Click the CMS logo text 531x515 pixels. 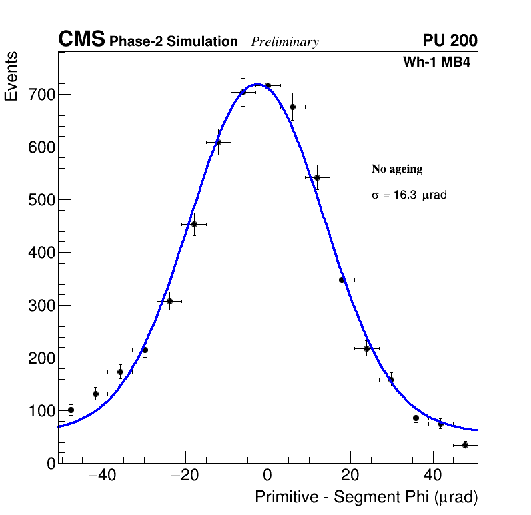pos(81,40)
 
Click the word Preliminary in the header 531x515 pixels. pos(285,42)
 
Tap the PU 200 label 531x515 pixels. pos(450,41)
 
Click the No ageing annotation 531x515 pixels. pos(397,169)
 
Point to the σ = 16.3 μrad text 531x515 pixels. pos(409,195)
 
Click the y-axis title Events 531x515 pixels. pos(11,76)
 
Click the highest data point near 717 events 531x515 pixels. pos(268,85)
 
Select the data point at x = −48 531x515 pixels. pos(71,410)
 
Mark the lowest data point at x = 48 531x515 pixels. pos(465,445)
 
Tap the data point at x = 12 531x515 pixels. pos(317,177)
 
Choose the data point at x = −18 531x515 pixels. pos(194,224)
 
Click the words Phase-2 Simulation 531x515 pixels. pos(173,42)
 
